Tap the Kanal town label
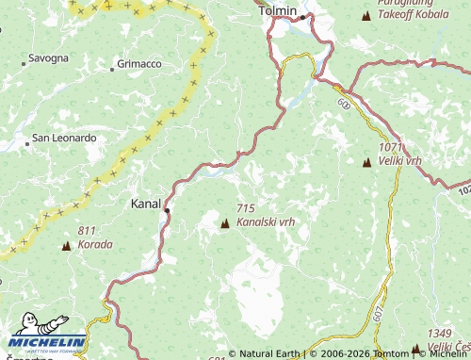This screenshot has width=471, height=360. pos(146,203)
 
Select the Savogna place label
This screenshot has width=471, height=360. pos(48,58)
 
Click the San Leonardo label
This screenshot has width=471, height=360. pos(64,138)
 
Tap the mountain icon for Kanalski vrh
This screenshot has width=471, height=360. pos(225,223)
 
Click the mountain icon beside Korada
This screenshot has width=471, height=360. pos(66,246)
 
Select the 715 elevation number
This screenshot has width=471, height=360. pos(247,207)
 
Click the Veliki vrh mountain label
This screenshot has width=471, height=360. pos(400,162)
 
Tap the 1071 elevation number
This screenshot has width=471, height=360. pos(390,148)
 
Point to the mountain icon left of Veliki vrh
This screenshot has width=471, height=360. pos(366,162)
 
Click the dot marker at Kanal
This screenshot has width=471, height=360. pos(167,211)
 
